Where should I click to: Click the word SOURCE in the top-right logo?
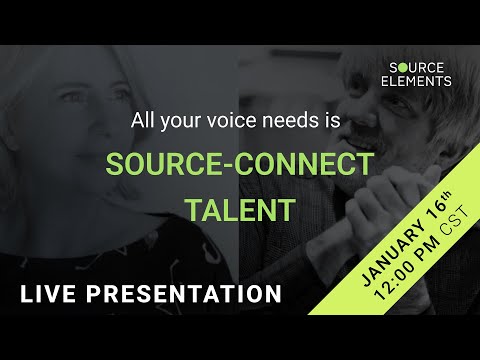point(419,67)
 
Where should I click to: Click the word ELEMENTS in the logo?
point(419,81)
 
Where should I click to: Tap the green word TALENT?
point(240,209)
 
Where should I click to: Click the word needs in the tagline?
point(305,121)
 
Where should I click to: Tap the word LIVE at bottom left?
point(47,295)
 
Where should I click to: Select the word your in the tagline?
point(194,121)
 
